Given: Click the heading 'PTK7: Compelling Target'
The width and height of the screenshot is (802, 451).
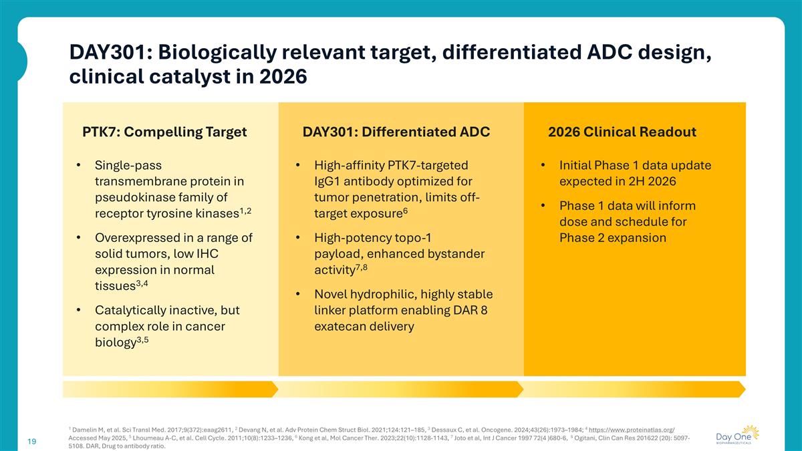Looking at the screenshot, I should coord(164,132).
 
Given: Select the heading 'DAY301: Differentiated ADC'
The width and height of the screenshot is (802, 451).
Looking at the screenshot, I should coord(396,132).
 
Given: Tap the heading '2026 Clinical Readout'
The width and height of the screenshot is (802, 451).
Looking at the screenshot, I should coord(622,132).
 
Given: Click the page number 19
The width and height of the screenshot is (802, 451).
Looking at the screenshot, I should coord(31,441).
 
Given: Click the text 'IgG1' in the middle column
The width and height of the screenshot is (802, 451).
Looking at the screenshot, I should coord(328,182).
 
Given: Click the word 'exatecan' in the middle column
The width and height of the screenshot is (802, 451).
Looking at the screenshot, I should coord(340,327).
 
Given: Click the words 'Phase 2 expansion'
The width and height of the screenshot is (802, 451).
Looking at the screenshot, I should coord(612,238).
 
